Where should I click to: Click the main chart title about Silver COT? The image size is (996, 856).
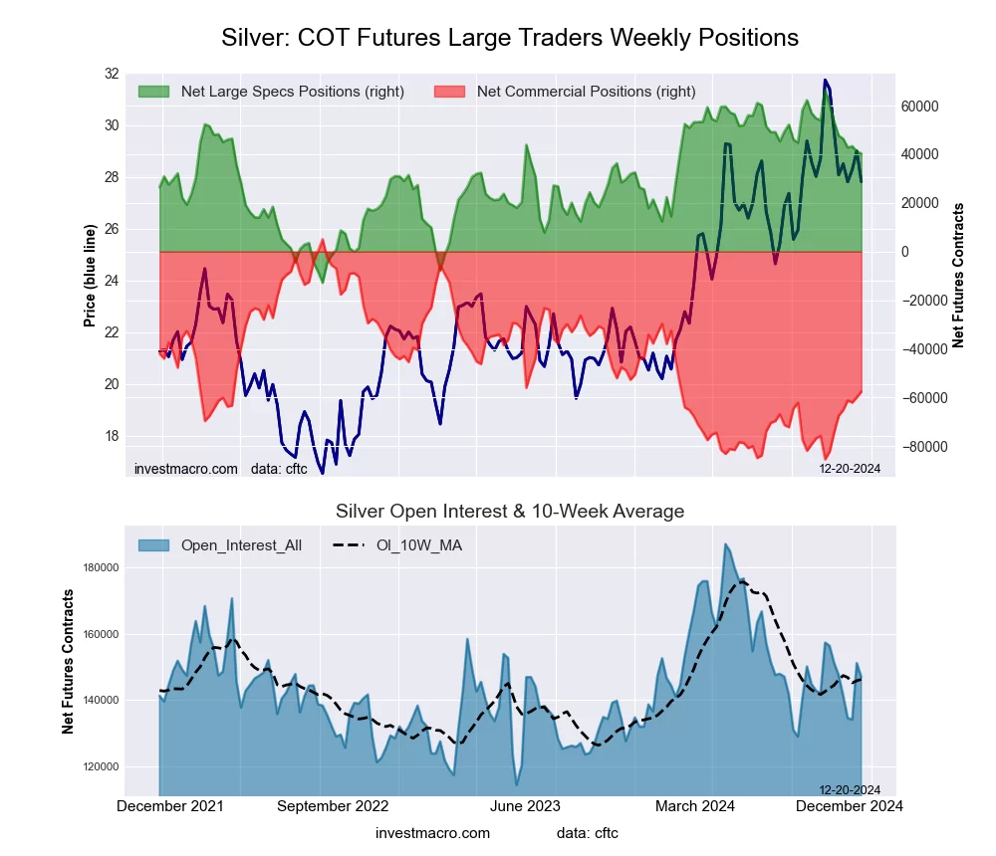tap(509, 38)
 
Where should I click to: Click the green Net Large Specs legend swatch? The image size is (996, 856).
tap(153, 92)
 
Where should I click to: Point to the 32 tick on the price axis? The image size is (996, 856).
tap(111, 74)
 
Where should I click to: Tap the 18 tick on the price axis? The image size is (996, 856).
tap(111, 436)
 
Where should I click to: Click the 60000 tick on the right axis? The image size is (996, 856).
tap(920, 107)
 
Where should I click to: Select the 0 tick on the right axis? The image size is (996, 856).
tap(905, 252)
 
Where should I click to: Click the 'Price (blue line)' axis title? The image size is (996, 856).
tap(90, 276)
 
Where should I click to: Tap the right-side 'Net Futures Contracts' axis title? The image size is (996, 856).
tap(959, 276)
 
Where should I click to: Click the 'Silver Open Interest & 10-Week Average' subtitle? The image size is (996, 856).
tap(509, 512)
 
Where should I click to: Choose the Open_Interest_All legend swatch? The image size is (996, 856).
tap(153, 545)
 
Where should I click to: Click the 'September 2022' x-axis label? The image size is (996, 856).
tap(332, 806)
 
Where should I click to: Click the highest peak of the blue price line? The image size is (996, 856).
tap(824, 81)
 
